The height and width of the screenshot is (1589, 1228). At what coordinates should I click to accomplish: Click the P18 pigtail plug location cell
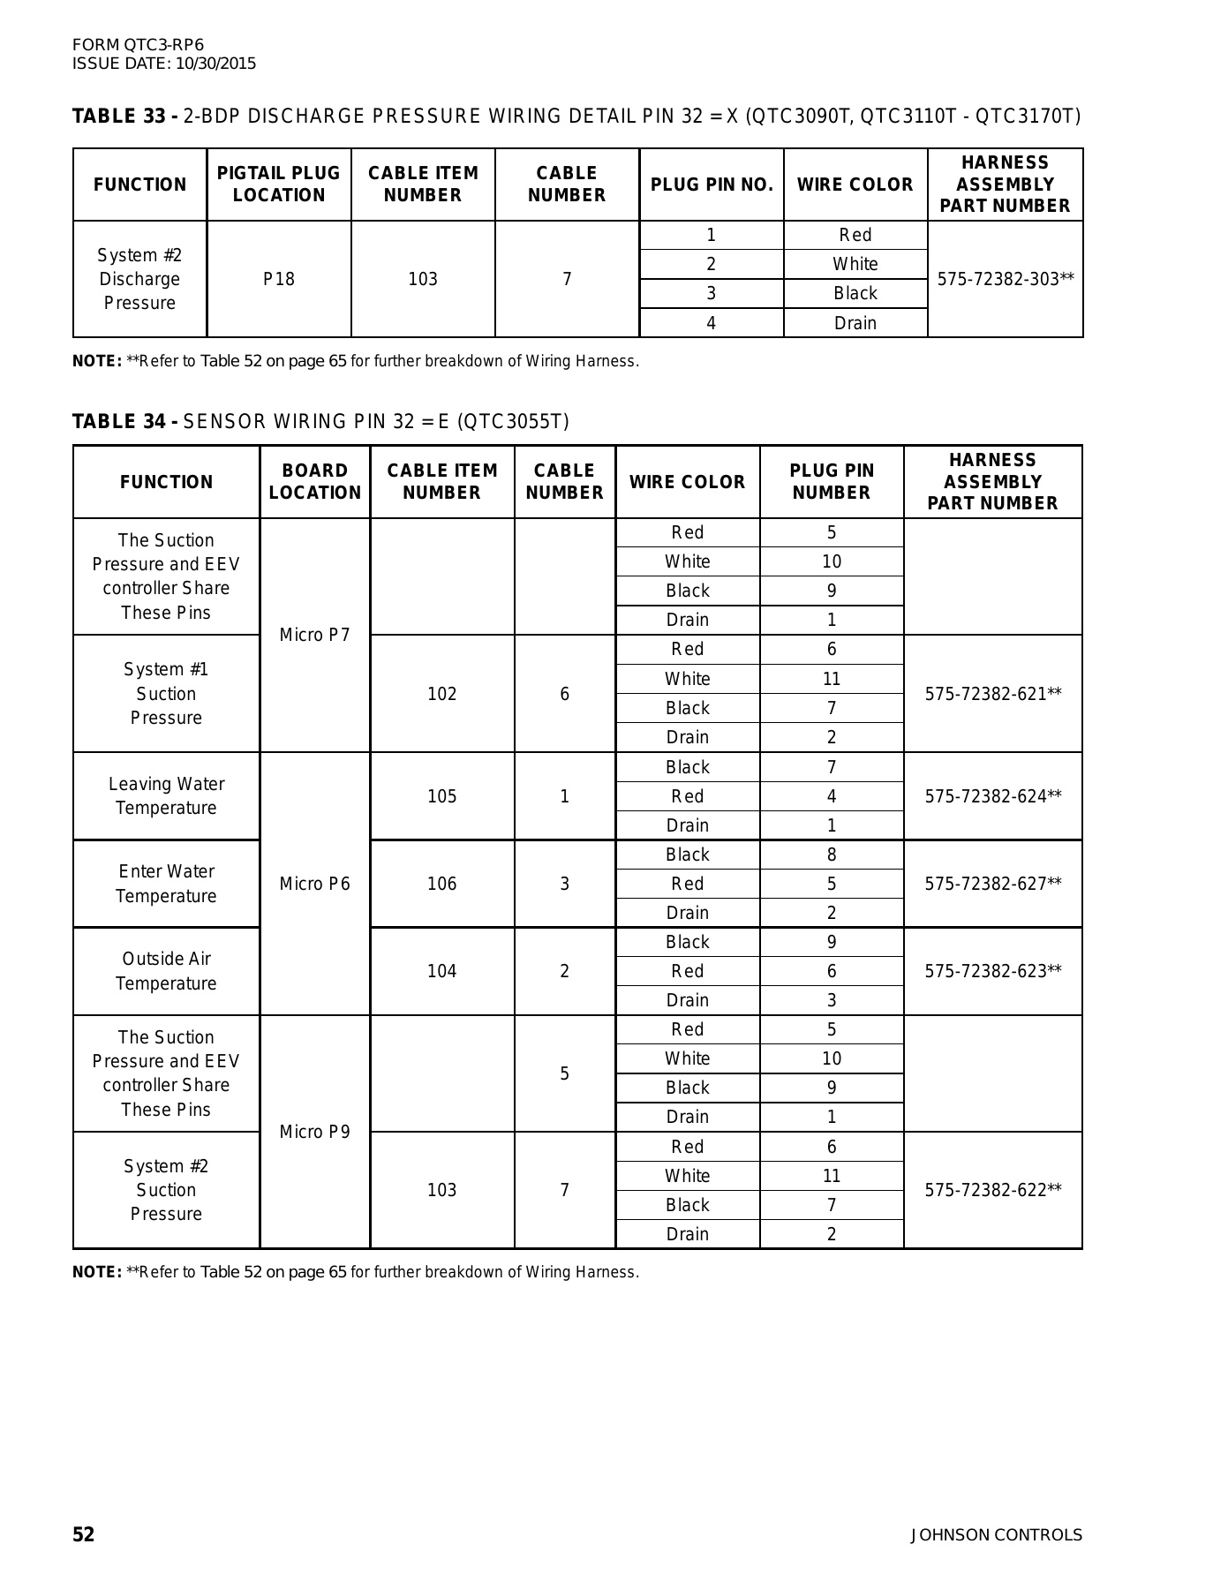pos(279,279)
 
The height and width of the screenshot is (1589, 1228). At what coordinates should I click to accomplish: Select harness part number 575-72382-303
pos(1005,279)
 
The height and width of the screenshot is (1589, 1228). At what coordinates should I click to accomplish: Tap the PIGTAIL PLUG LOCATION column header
pos(279,185)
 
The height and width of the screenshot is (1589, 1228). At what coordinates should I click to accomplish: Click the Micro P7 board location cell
pos(314,635)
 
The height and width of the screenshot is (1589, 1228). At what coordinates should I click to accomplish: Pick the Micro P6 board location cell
pos(314,884)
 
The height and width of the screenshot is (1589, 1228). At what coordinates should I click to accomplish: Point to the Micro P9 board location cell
pos(314,1132)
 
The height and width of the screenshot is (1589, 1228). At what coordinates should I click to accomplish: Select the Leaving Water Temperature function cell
pos(166,795)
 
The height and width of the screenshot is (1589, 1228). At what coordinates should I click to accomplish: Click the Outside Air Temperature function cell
pos(166,971)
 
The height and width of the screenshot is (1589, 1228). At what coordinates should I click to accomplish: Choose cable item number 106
pos(441,884)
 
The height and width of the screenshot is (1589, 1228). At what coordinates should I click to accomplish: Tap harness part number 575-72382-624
pos(992,796)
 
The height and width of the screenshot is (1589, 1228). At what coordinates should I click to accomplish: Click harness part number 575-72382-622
pos(992,1190)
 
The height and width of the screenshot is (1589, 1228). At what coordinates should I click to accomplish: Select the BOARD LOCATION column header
pos(314,482)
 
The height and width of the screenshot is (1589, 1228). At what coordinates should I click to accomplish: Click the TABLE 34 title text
pos(320,422)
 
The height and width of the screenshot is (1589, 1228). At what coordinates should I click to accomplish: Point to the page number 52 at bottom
pos(83,1535)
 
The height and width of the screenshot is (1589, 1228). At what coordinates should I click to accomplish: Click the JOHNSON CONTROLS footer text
pos(996,1535)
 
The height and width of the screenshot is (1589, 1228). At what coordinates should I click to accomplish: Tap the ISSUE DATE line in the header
pos(164,64)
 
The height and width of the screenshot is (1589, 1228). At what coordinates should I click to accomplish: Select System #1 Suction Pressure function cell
pos(166,694)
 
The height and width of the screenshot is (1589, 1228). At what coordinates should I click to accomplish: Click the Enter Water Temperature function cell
pos(166,884)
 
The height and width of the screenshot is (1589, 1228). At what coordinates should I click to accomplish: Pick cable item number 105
pos(441,796)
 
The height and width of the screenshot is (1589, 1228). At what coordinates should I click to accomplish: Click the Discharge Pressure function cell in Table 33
pos(139,279)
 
